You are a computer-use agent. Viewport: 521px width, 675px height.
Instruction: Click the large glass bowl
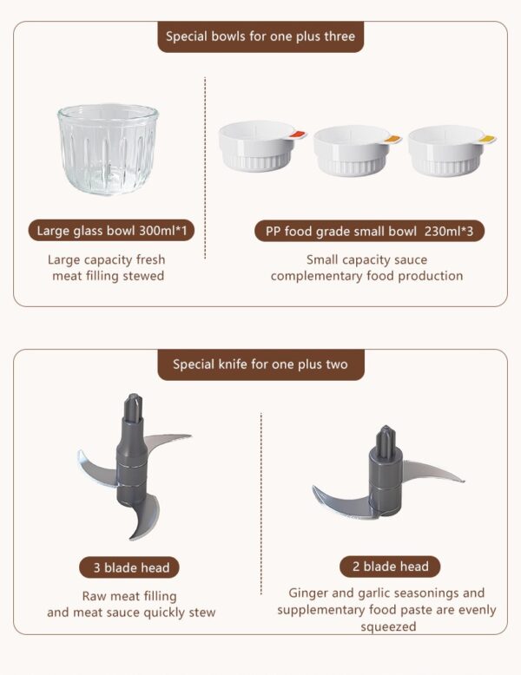[x=108, y=148]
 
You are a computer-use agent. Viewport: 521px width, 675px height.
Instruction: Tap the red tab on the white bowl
[x=297, y=134]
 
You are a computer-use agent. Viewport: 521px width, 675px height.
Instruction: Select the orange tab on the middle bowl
[x=392, y=139]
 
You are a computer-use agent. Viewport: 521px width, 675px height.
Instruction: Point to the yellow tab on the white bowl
[x=487, y=139]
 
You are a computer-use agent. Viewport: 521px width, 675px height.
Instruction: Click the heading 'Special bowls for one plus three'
[x=260, y=36]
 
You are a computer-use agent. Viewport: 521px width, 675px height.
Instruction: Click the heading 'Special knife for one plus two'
[x=260, y=364]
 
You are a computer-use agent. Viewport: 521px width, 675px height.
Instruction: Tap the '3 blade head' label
[x=131, y=567]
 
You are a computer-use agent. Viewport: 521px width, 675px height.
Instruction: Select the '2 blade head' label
[x=391, y=566]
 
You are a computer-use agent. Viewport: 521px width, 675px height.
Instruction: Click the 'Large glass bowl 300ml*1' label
[x=112, y=230]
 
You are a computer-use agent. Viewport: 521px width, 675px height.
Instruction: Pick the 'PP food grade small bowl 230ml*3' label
[x=369, y=231]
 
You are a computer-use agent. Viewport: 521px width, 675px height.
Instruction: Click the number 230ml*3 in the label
[x=449, y=231]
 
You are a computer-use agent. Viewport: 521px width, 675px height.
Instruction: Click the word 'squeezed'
[x=388, y=626]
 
